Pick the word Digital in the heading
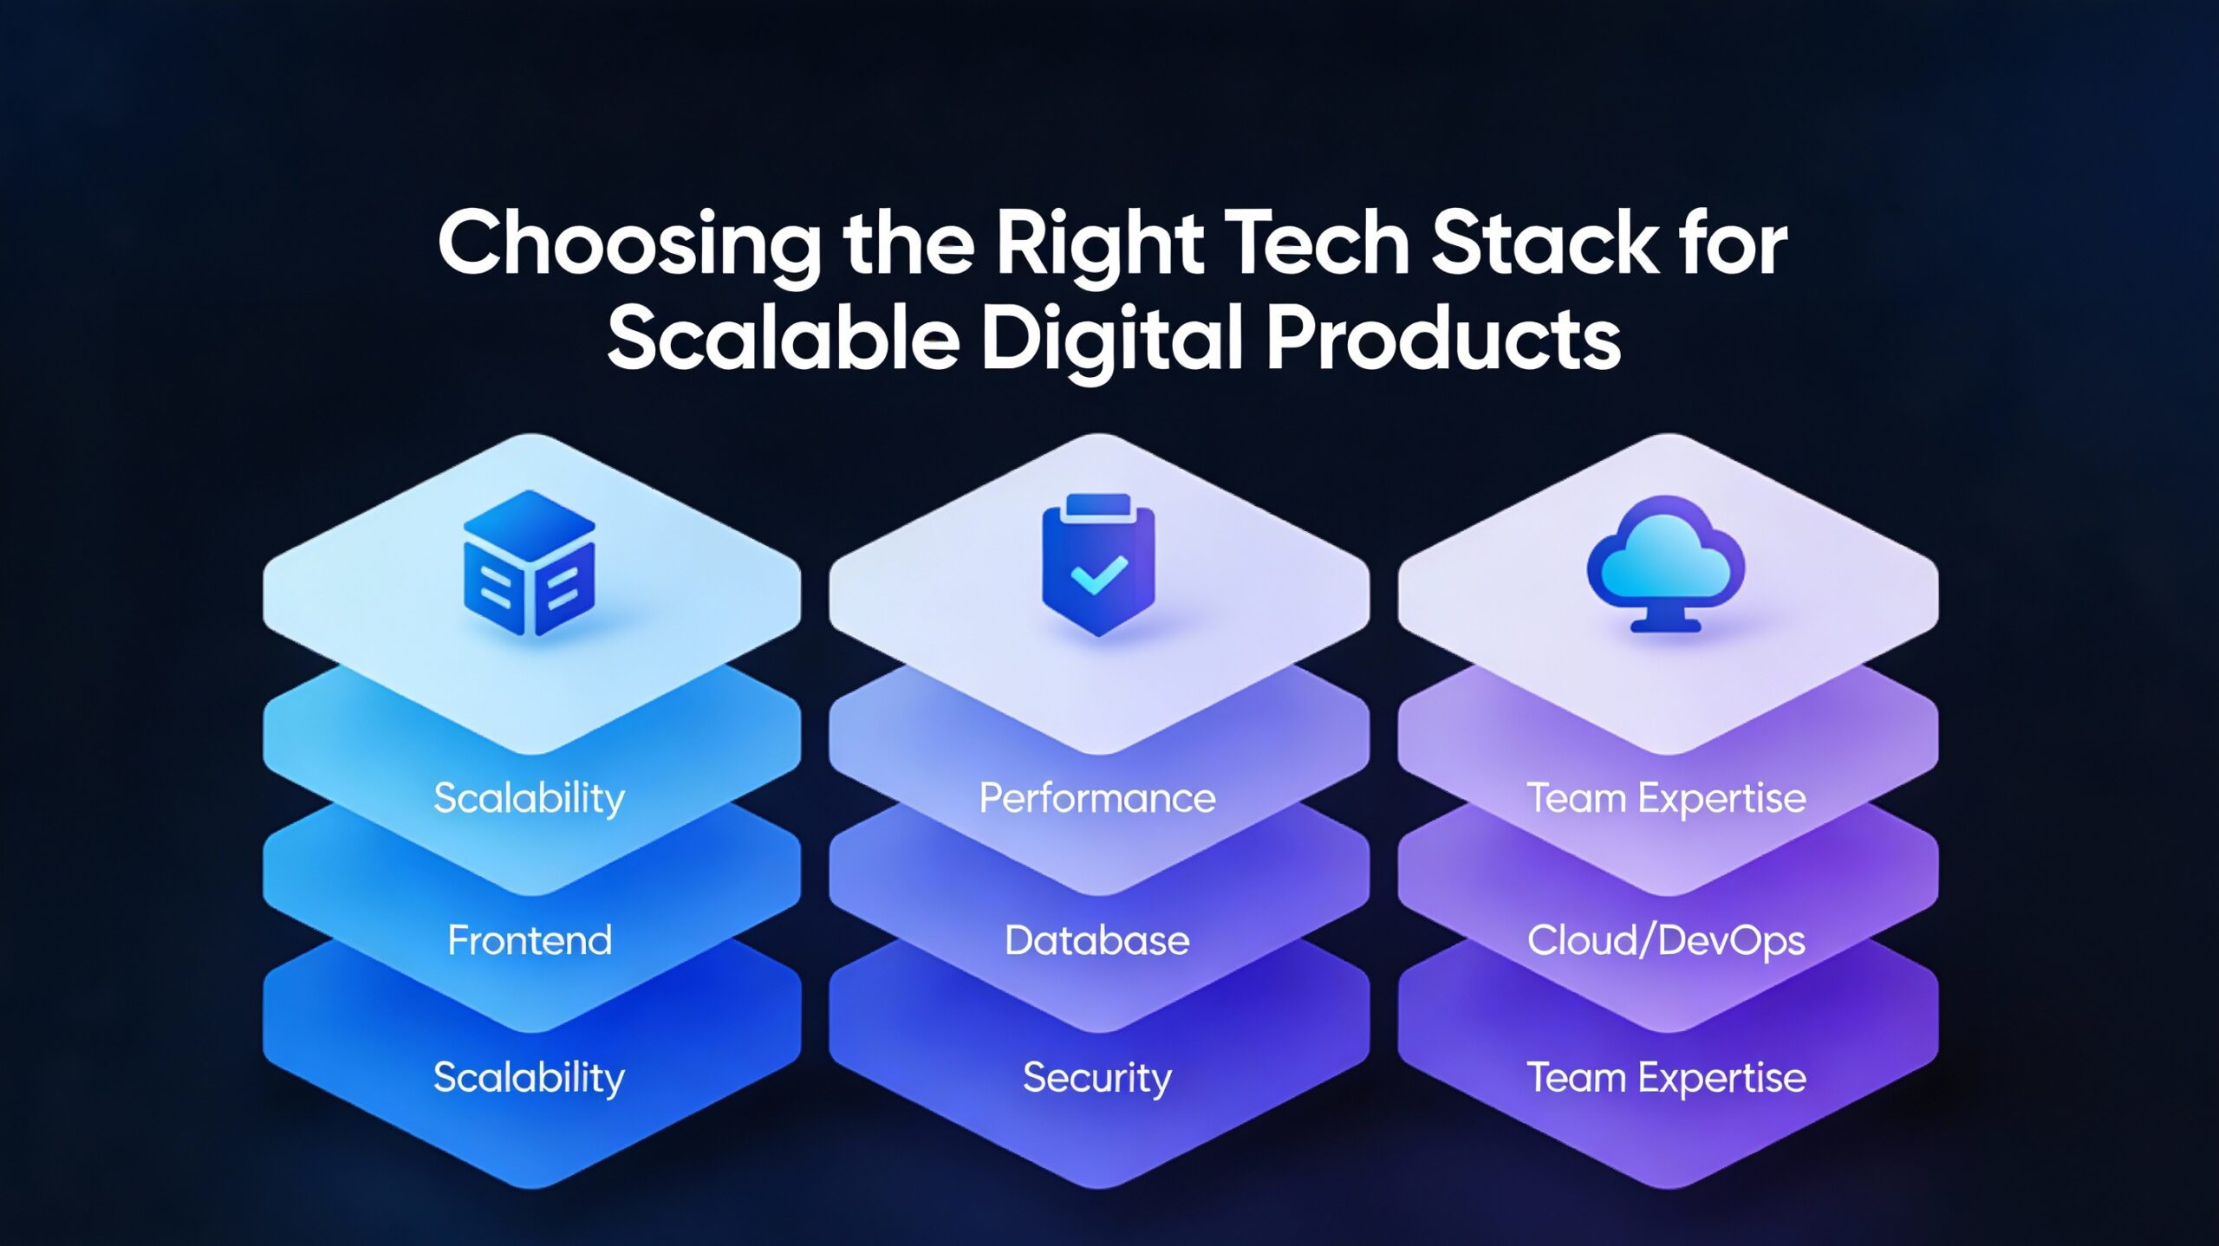[1112, 340]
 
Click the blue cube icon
[529, 563]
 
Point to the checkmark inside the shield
[1098, 574]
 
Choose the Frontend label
[530, 940]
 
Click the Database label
[1097, 940]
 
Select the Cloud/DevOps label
[1666, 941]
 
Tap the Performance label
[1097, 798]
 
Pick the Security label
[1097, 1078]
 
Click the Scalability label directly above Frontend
[530, 798]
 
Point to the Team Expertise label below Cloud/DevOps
[1666, 1078]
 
